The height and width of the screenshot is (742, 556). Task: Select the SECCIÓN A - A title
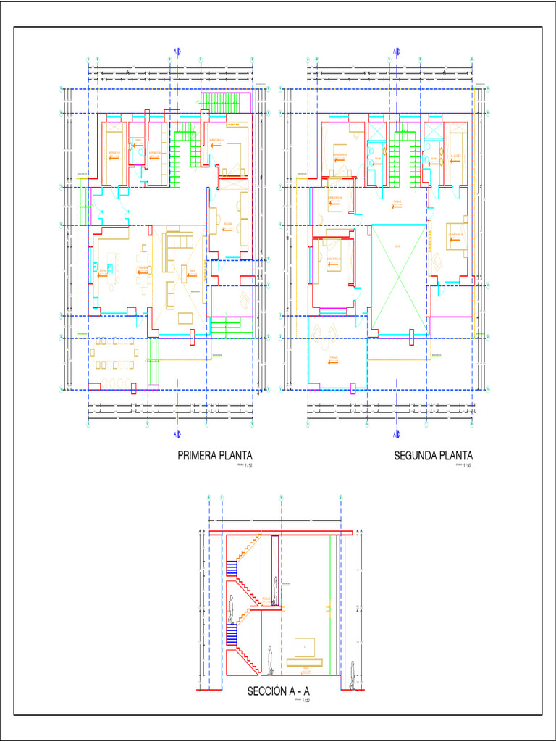(279, 691)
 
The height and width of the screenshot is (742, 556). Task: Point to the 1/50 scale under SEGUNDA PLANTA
(467, 467)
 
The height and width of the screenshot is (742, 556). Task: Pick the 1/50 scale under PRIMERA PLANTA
(248, 467)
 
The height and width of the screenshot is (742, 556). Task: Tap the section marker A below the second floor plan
(397, 434)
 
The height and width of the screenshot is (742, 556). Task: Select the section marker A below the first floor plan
(177, 434)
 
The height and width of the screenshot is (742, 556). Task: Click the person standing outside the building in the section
(353, 675)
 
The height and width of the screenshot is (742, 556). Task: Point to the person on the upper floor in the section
(276, 589)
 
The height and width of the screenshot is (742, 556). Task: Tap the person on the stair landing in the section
(231, 609)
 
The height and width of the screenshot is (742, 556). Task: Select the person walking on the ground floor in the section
(270, 659)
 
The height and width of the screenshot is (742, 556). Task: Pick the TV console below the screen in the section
(306, 662)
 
